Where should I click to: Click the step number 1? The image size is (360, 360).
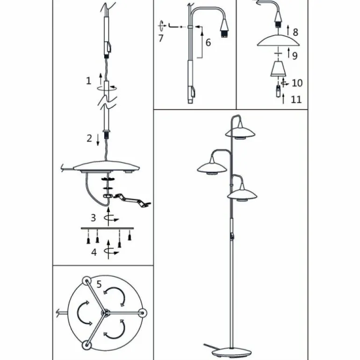(89, 80)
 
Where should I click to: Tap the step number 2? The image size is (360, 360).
(89, 138)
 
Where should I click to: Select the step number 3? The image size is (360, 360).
(93, 218)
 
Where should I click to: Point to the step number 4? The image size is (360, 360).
(94, 252)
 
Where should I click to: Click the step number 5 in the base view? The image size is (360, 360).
(99, 284)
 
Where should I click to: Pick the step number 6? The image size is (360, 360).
(208, 43)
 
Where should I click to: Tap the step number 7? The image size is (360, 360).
(161, 38)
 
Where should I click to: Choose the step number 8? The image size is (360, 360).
(295, 32)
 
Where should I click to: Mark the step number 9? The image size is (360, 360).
(295, 56)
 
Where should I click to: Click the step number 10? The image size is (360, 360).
(297, 83)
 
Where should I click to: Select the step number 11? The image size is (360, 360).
(296, 100)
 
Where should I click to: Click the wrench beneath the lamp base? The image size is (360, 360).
(133, 200)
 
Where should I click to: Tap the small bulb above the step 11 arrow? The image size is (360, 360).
(278, 91)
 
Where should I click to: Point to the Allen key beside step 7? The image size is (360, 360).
(173, 26)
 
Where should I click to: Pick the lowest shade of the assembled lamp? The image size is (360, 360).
(242, 194)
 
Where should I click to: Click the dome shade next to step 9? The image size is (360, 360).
(278, 41)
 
